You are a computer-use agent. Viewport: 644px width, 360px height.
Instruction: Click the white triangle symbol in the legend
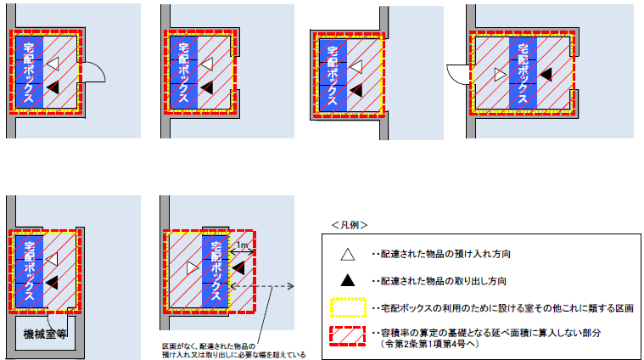pos(346,254)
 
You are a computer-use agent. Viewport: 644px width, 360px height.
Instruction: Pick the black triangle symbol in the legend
pos(346,280)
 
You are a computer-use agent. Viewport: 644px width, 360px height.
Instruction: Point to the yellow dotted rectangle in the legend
pos(346,307)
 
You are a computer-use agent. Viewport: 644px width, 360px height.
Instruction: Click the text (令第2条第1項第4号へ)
pos(437,344)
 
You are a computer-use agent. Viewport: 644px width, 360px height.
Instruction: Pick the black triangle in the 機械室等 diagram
pos(53,280)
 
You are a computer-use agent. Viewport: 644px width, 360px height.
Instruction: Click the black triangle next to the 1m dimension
pos(238,267)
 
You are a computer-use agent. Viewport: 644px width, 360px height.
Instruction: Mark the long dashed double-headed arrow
pos(272,286)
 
